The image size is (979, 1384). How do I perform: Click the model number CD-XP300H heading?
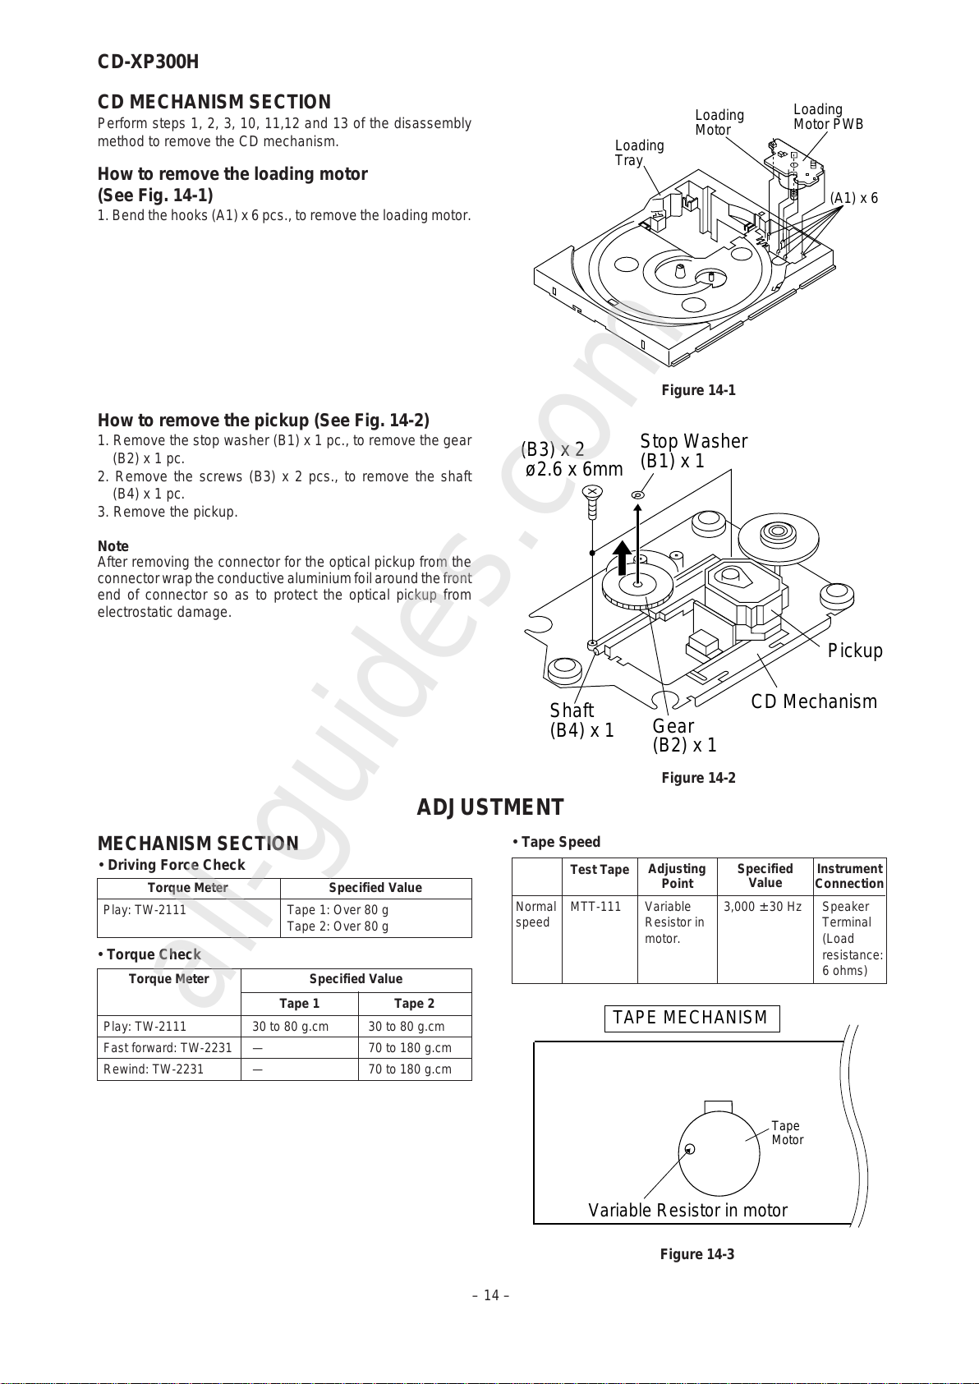click(148, 62)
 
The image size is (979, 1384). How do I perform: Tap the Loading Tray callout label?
click(639, 153)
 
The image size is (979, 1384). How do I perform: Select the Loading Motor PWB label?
click(828, 117)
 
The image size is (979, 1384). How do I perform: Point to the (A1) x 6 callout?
click(853, 198)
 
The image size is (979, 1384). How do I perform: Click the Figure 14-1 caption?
click(698, 390)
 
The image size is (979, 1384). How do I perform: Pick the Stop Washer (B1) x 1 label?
click(693, 451)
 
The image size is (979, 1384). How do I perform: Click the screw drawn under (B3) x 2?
click(591, 500)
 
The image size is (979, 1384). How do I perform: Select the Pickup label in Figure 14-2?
click(854, 651)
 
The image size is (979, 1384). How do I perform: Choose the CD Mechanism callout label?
click(813, 701)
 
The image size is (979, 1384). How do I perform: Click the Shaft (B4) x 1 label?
click(581, 720)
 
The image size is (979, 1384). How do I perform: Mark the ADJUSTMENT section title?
click(490, 807)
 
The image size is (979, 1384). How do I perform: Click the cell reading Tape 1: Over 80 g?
click(338, 910)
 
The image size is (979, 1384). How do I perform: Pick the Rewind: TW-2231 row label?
click(154, 1069)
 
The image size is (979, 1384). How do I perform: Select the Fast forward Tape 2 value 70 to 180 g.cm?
click(410, 1048)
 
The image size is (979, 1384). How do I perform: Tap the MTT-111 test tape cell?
click(595, 907)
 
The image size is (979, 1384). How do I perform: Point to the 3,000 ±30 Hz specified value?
click(762, 907)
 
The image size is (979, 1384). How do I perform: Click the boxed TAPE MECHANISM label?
click(691, 1018)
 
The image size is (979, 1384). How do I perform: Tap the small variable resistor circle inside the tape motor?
click(690, 1149)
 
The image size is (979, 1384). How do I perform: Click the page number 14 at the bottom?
click(490, 1295)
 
